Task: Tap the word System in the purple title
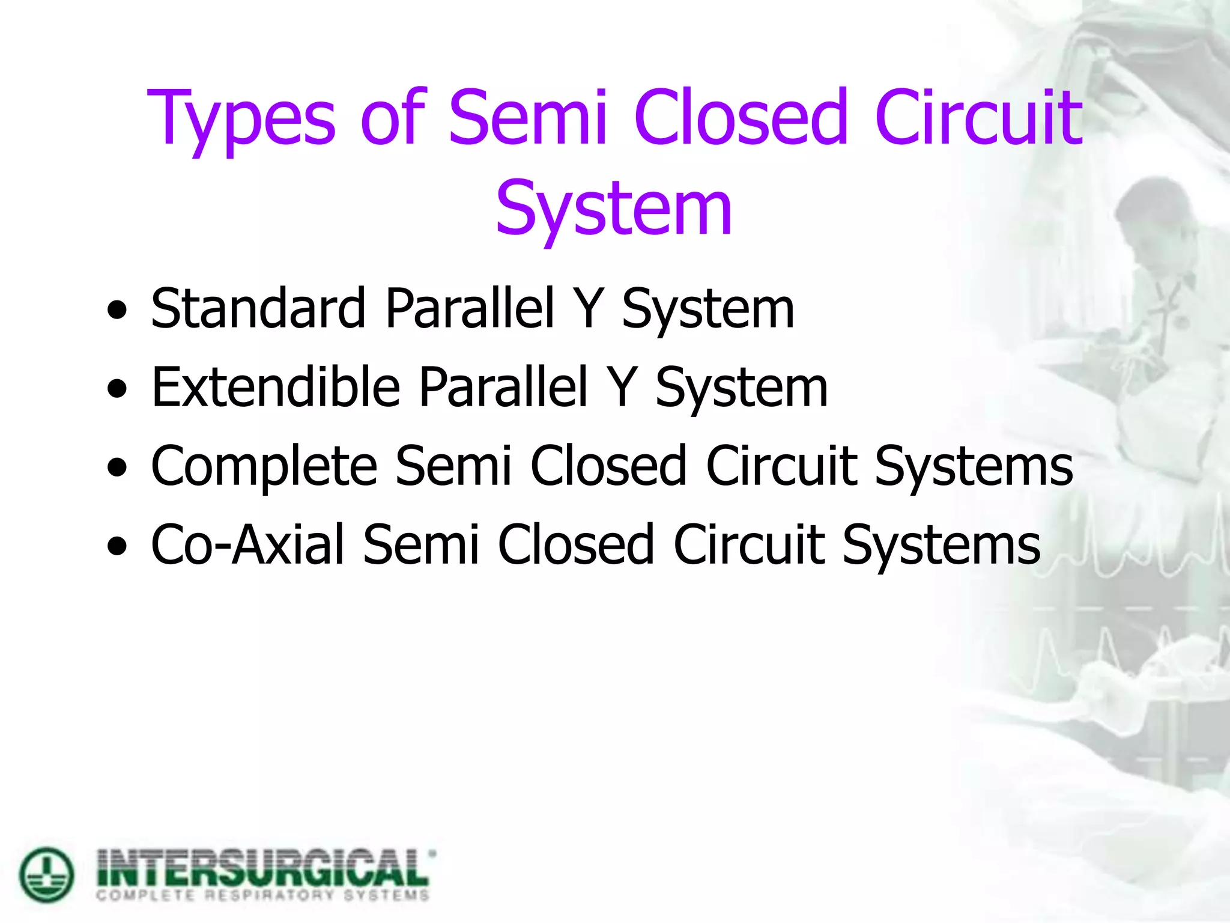(x=614, y=209)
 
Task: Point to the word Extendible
(x=276, y=387)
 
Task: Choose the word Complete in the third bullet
(x=264, y=466)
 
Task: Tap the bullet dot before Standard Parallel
(x=117, y=311)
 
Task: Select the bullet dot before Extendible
(x=117, y=389)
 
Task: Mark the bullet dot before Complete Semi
(x=117, y=468)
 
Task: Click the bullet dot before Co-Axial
(x=117, y=547)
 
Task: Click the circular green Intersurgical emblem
(x=47, y=875)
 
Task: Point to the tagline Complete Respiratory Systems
(x=263, y=896)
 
